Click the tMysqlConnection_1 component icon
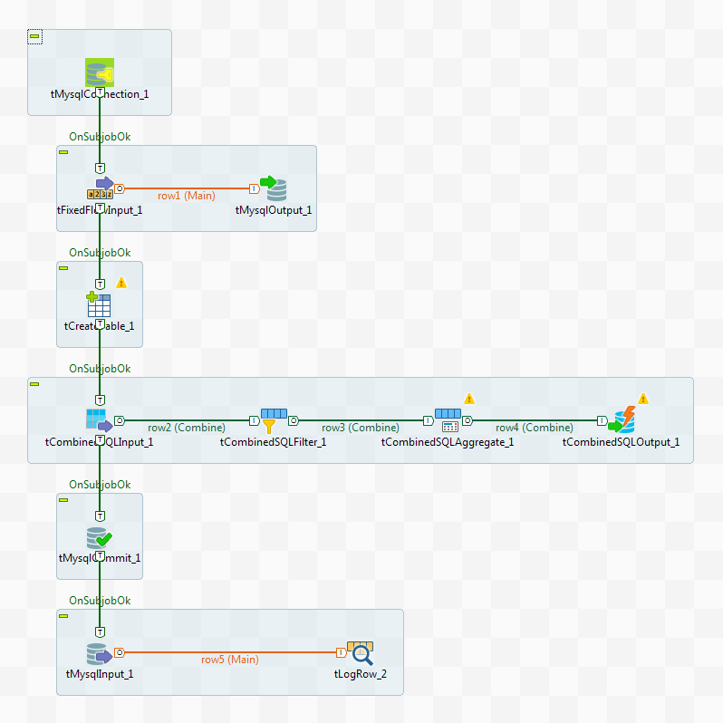click(x=99, y=72)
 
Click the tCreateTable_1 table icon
click(x=99, y=304)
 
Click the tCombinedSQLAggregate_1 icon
click(x=448, y=420)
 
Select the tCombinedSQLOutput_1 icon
click(x=622, y=420)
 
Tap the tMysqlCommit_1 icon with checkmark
click(x=99, y=536)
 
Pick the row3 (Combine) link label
click(x=361, y=428)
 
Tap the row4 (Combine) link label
click(x=535, y=428)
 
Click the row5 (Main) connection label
click(x=229, y=660)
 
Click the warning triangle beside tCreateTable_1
click(x=121, y=283)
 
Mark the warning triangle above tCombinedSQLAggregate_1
click(x=469, y=399)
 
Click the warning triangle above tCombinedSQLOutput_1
click(x=643, y=399)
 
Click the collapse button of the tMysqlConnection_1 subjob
click(x=34, y=36)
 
